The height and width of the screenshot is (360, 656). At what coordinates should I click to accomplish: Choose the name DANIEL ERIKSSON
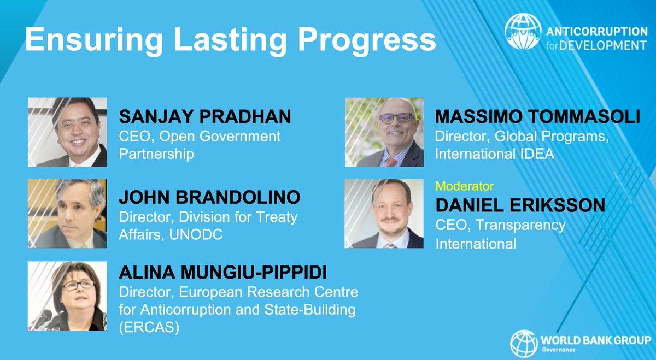tap(520, 205)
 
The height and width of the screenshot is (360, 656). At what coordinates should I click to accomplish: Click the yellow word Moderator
tap(464, 186)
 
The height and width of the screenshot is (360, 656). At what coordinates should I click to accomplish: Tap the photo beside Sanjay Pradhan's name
tap(67, 132)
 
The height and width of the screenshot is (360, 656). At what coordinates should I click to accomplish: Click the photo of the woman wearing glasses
tap(67, 296)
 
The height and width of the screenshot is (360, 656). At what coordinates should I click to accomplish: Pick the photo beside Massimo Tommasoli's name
tap(384, 132)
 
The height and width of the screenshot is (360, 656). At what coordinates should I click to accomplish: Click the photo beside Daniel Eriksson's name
tap(384, 214)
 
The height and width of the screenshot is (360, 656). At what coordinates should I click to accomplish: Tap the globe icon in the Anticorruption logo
tap(523, 32)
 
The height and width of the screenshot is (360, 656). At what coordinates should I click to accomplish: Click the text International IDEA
tap(494, 155)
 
